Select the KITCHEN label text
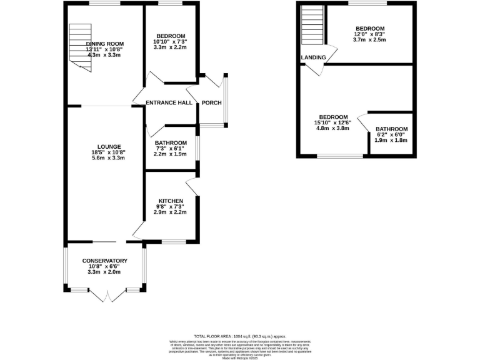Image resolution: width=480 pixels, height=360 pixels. click(170, 201)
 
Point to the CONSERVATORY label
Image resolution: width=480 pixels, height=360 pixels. click(105, 261)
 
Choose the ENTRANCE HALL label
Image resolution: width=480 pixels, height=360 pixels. click(169, 103)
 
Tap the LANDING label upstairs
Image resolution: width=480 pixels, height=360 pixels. click(313, 57)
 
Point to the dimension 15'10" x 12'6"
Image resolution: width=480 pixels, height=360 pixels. click(332, 123)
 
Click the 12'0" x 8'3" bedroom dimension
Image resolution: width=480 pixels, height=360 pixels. click(370, 34)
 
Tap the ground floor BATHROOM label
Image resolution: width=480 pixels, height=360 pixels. click(170, 142)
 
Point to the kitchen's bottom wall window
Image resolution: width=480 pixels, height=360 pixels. click(174, 241)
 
